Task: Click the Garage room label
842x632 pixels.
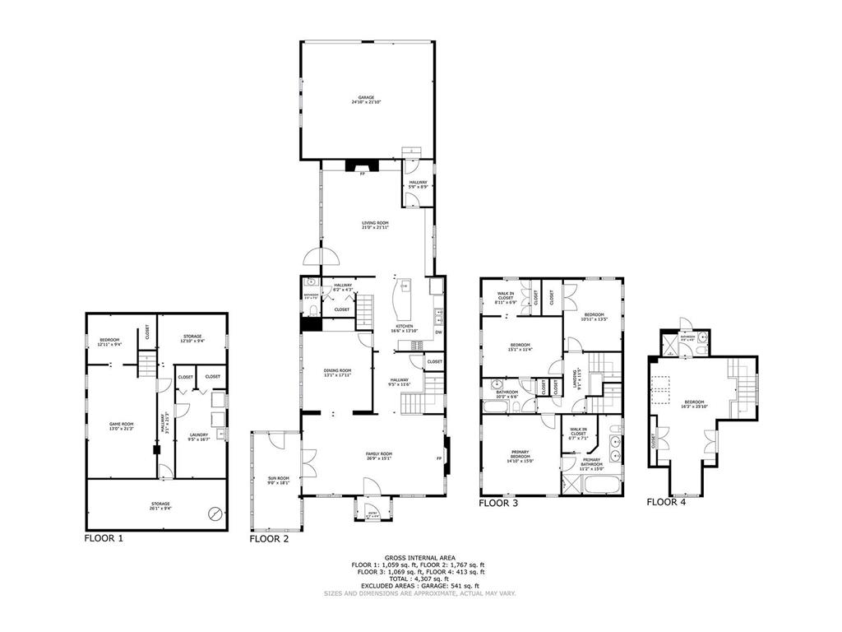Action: pyautogui.click(x=366, y=100)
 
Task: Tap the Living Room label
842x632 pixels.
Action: pyautogui.click(x=375, y=225)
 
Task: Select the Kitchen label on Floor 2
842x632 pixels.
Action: pyautogui.click(x=404, y=328)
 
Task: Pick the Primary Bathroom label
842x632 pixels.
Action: pyautogui.click(x=592, y=464)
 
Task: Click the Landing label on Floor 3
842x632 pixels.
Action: pyautogui.click(x=575, y=379)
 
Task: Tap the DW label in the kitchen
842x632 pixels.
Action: pyautogui.click(x=437, y=332)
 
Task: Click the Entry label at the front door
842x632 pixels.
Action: pyautogui.click(x=363, y=514)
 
